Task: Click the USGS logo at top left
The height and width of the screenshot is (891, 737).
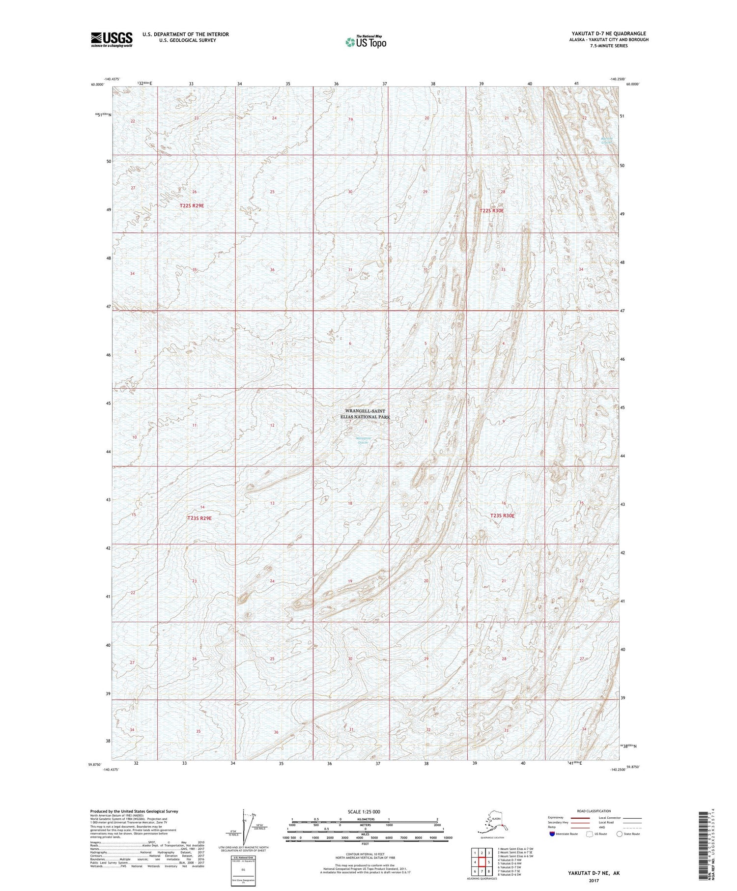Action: [x=112, y=39]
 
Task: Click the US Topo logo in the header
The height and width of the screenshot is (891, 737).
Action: [x=366, y=42]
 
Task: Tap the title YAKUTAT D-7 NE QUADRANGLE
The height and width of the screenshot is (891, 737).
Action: [x=609, y=33]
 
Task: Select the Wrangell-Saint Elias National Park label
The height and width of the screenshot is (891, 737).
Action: [x=368, y=414]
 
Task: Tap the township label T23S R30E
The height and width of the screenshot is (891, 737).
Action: [x=502, y=516]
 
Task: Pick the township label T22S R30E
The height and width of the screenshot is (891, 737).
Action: [x=491, y=211]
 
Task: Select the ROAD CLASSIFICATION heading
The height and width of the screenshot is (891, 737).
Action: [x=594, y=811]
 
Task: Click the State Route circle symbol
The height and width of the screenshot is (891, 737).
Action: [x=620, y=834]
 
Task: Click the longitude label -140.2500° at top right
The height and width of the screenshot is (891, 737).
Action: [x=618, y=79]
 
